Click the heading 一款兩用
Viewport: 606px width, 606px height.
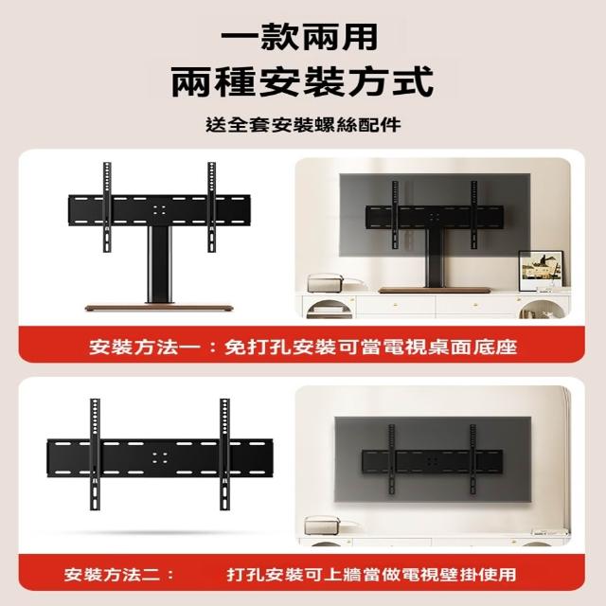point(299,38)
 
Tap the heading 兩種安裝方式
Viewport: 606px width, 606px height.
point(302,81)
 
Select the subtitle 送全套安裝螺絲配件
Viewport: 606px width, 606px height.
point(303,125)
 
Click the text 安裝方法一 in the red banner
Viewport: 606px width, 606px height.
point(145,347)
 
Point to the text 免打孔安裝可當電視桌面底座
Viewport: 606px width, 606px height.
point(370,347)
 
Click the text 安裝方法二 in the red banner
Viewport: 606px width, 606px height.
point(112,575)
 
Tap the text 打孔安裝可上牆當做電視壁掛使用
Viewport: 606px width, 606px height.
point(371,575)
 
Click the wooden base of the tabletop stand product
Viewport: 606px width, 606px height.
point(159,308)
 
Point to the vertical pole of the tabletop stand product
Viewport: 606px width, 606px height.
point(159,264)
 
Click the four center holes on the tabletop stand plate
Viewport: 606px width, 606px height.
point(159,210)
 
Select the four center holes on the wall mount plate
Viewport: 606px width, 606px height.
point(160,458)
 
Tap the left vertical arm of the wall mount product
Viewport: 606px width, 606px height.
point(95,454)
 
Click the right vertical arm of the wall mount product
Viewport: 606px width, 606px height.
point(225,454)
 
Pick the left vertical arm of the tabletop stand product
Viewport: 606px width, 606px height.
point(107,207)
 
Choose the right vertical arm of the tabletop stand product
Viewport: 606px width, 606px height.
point(211,207)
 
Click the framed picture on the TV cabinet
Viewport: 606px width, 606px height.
point(541,271)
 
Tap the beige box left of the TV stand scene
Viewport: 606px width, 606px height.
point(325,283)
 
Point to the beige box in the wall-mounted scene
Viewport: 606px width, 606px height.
point(324,526)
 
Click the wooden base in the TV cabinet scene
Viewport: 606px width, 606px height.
point(435,290)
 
